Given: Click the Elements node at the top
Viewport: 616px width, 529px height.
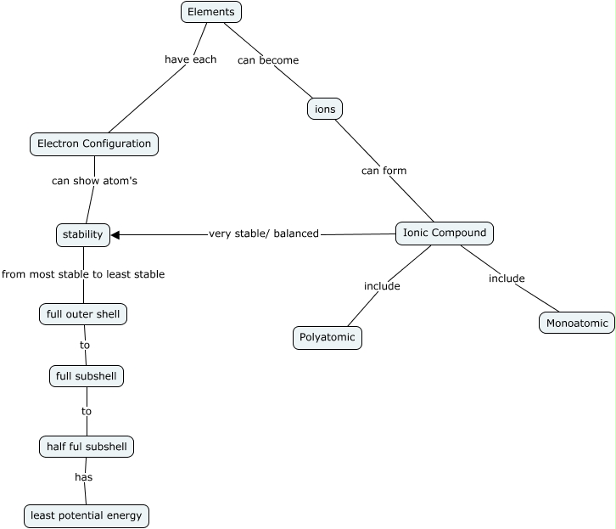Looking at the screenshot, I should pos(211,12).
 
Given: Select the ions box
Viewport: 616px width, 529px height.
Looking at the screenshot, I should pos(324,109).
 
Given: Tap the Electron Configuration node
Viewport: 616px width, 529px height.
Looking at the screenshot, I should pos(94,144).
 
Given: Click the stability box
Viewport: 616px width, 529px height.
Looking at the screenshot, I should pos(83,234).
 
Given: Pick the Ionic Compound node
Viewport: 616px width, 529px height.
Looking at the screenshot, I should pos(444,233).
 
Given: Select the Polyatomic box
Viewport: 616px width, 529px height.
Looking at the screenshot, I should pos(328,337).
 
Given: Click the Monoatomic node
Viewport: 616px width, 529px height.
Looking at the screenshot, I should pos(577,324).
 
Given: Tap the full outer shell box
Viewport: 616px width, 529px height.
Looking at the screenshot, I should pos(83,314).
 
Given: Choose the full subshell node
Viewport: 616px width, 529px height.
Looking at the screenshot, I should pos(87,375).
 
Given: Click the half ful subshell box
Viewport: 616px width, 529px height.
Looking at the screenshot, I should pos(87,446).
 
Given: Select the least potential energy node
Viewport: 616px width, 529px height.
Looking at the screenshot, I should pos(87,515).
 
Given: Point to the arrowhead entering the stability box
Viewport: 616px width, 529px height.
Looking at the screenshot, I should pos(116,234).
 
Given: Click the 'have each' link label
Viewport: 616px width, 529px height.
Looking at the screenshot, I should pos(190,59).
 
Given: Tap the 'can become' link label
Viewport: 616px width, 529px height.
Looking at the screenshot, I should pos(267,60).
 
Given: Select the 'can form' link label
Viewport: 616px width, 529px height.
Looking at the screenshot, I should pos(384,171).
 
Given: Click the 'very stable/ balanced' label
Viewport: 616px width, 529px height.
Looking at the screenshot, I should pos(264,234).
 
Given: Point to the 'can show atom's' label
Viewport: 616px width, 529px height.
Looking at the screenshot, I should pos(94,181).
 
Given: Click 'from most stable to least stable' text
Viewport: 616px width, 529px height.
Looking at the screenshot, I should pos(83,274).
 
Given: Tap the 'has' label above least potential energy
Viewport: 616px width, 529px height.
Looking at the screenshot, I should pos(83,477).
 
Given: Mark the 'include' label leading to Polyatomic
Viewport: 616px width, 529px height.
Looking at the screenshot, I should pos(382,286).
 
